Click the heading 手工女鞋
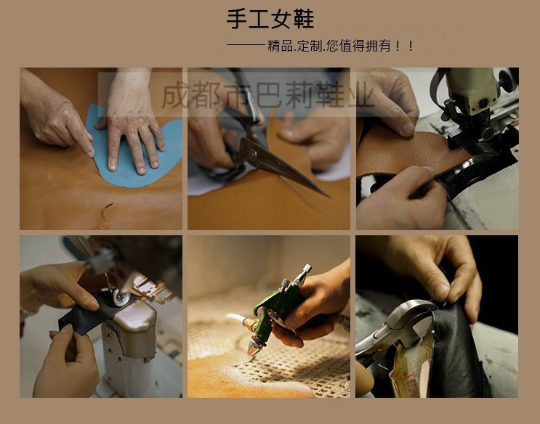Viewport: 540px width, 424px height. tap(270, 20)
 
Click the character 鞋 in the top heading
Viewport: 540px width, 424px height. tap(304, 20)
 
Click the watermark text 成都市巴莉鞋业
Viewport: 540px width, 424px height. tap(267, 94)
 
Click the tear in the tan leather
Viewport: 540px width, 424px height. tap(105, 216)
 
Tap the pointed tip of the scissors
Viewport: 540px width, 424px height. tap(329, 197)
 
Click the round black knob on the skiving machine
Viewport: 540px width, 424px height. tap(507, 80)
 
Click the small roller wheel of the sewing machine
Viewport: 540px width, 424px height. tap(121, 297)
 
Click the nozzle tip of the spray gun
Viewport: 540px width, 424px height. tap(252, 351)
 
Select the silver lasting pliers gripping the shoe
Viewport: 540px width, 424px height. tap(396, 327)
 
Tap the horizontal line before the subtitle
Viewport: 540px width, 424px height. tap(246, 45)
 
